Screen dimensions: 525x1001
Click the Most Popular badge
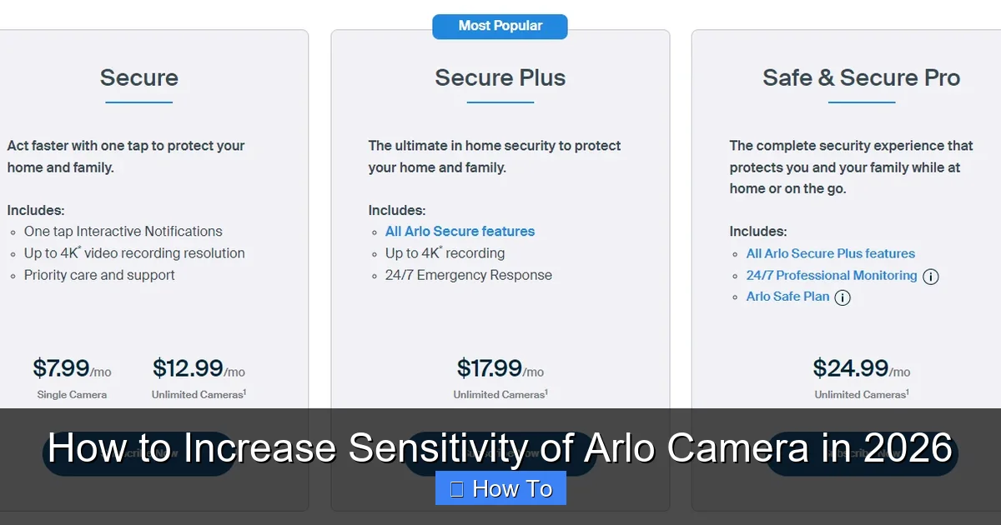click(x=500, y=26)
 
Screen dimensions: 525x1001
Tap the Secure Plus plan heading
click(x=500, y=78)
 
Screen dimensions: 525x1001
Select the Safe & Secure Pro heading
click(x=861, y=78)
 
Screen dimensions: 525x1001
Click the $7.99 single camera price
click(x=61, y=368)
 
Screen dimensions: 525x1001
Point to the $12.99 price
click(x=188, y=368)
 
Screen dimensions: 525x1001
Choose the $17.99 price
click(x=489, y=368)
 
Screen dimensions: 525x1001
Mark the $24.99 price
click(x=850, y=368)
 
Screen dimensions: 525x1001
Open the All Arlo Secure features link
click(x=460, y=232)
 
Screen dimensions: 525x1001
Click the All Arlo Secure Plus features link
click(x=830, y=253)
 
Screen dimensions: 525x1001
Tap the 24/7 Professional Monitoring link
click(x=831, y=276)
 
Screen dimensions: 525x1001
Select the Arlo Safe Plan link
click(x=787, y=297)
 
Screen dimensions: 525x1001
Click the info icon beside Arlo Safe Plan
click(x=843, y=297)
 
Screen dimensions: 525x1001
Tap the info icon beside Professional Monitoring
click(x=931, y=277)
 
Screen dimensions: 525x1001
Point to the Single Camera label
click(x=72, y=395)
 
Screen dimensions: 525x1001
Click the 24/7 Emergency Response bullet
click(x=468, y=275)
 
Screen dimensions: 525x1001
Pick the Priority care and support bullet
click(x=99, y=275)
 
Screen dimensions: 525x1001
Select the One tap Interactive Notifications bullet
click(x=123, y=232)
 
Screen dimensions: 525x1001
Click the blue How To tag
click(x=500, y=488)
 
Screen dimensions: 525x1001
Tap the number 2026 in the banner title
click(x=908, y=448)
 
